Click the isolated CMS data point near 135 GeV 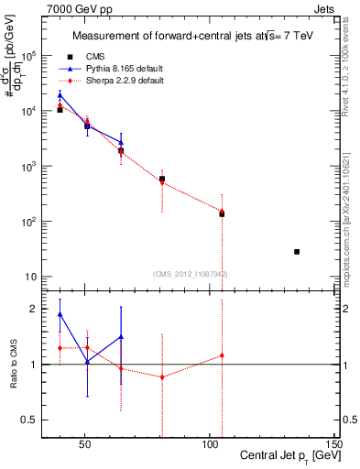tap(297, 251)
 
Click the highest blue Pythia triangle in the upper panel tap(60, 94)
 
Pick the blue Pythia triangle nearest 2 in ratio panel tap(60, 314)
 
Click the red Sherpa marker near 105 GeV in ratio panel tap(222, 355)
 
